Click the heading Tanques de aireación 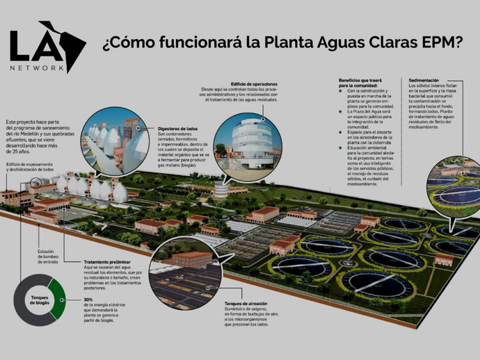245,304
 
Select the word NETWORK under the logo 38,68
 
